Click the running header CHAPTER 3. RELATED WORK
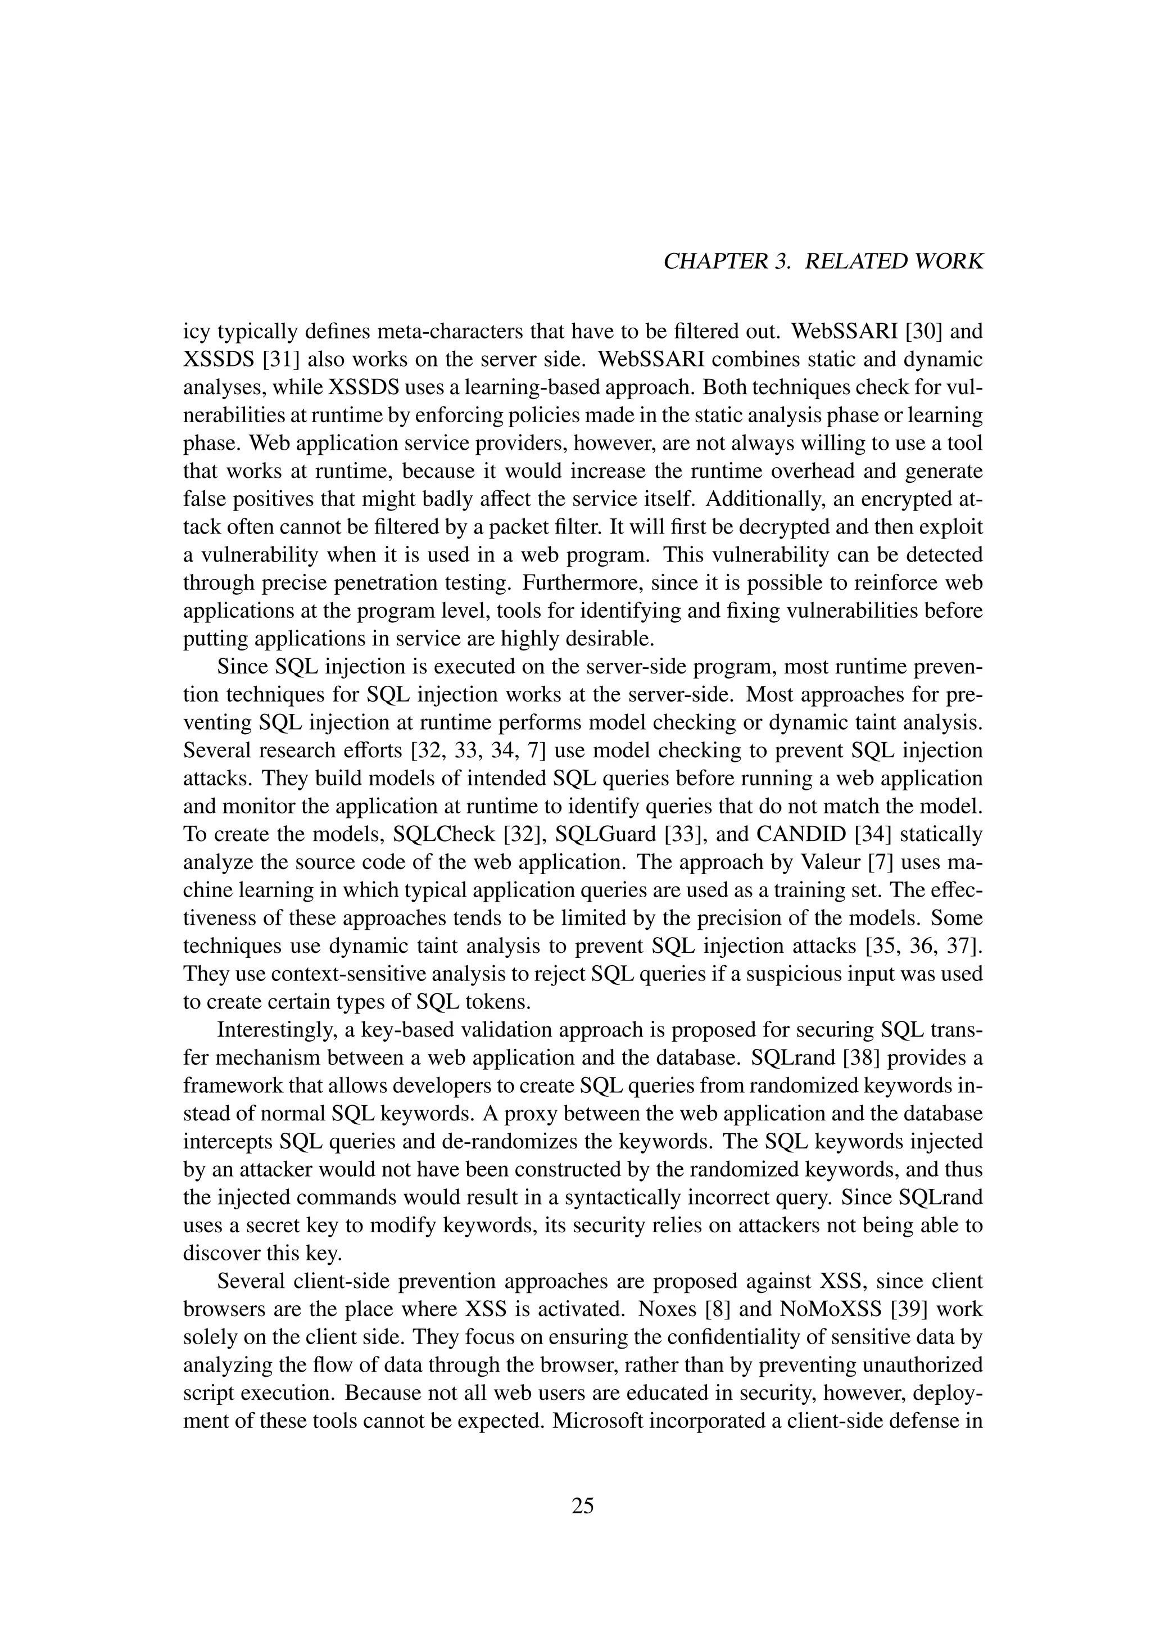pyautogui.click(x=823, y=261)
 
